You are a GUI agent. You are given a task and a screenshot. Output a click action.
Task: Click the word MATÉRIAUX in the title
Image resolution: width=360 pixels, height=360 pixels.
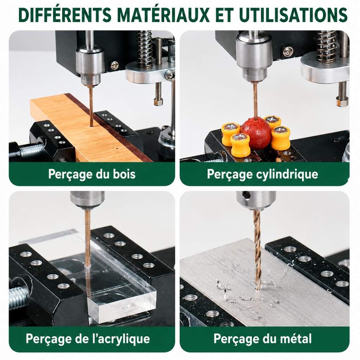pos(163,15)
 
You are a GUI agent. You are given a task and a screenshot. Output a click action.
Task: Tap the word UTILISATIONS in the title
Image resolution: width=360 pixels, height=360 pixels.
pos(293,15)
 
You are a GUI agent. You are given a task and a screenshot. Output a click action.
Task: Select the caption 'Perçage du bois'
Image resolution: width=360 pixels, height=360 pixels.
pos(92,174)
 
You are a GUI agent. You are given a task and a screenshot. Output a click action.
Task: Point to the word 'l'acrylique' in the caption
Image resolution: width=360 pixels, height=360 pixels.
pos(121,339)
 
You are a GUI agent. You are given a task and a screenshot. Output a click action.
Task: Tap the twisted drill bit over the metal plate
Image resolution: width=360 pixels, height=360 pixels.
pos(257,250)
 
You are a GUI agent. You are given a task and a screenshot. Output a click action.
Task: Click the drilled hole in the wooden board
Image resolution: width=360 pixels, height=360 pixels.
pos(91,126)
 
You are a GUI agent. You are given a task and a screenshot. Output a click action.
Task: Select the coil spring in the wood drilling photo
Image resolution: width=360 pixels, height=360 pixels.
pos(144,49)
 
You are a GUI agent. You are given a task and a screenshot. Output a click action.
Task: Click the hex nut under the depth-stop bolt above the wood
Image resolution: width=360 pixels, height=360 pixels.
pos(159,102)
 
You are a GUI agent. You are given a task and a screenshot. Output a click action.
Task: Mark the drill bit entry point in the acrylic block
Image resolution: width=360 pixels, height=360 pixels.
pos(87,267)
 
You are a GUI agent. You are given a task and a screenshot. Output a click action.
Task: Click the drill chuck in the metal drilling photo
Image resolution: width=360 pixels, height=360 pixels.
pos(256,200)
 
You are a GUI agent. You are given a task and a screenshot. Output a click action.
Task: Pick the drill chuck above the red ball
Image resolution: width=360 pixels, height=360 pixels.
pos(254,57)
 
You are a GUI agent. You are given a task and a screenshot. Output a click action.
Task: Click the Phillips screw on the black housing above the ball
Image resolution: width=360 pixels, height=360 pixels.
pos(288,52)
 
